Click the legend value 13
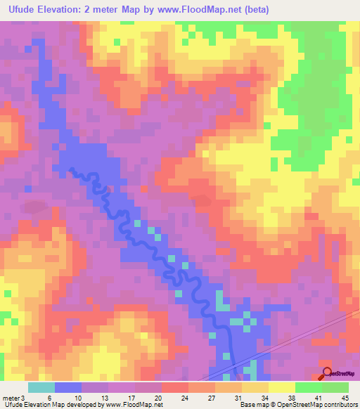pos(103,398)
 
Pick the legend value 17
pos(131,398)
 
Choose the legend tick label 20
pos(157,398)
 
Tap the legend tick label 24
pos(184,398)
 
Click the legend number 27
pos(211,398)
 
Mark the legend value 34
pos(264,398)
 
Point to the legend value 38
pos(291,398)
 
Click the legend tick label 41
pos(318,398)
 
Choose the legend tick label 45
pos(345,398)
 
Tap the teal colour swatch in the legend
pos(41,387)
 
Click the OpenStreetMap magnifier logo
pos(326,374)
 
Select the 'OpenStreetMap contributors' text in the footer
pos(314,405)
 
